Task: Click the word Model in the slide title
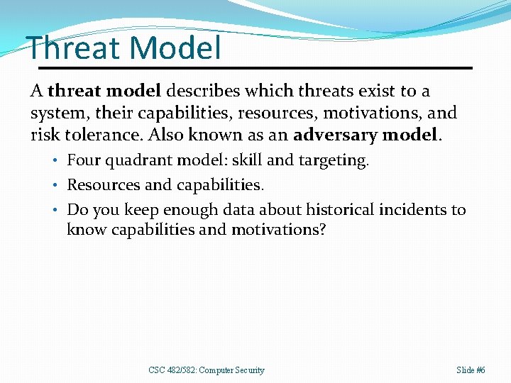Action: click(175, 48)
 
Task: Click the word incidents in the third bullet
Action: click(414, 209)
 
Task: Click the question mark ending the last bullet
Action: click(322, 230)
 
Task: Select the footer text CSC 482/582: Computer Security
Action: click(206, 370)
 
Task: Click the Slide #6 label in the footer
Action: click(471, 370)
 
